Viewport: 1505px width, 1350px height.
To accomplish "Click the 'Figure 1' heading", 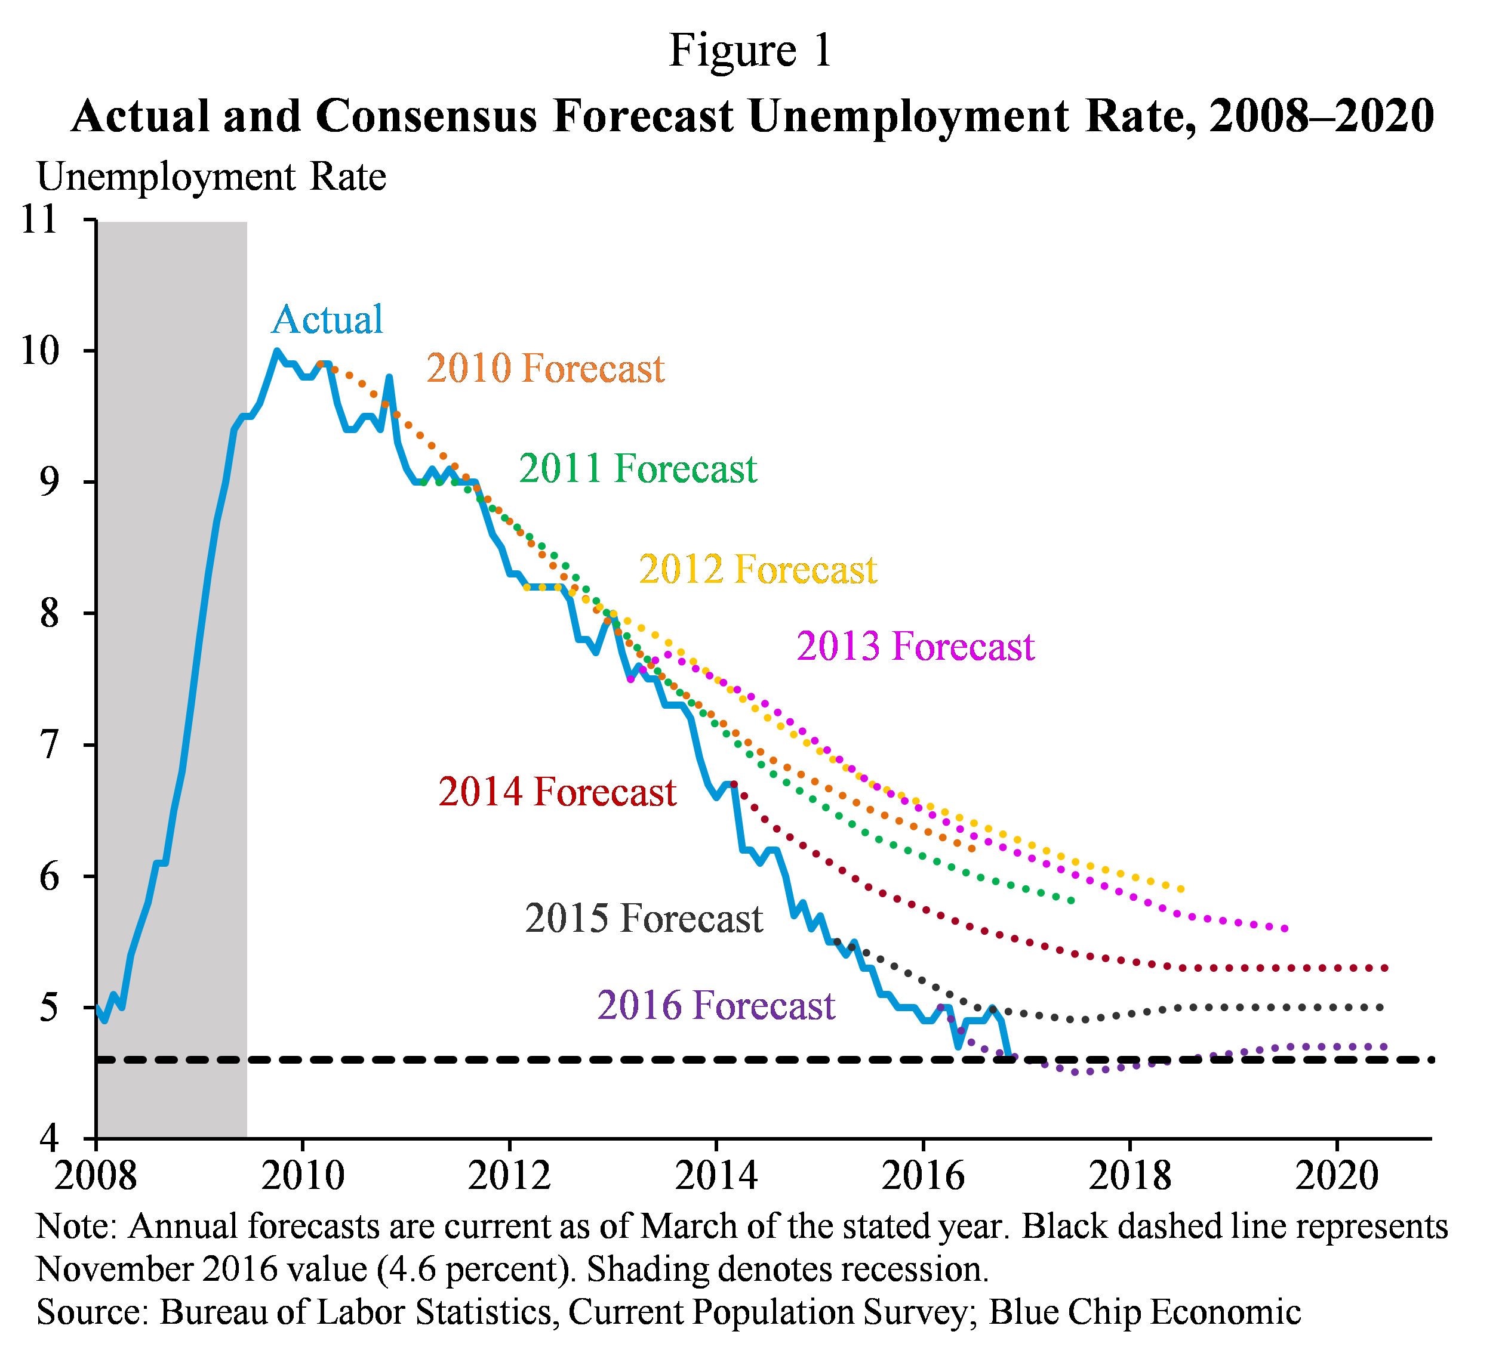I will [750, 51].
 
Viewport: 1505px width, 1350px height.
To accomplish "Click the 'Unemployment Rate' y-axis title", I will [211, 177].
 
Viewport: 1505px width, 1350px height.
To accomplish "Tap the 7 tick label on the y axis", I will [49, 744].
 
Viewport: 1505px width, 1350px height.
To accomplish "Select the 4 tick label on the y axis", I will [49, 1137].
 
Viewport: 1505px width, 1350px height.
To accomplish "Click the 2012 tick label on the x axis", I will [509, 1176].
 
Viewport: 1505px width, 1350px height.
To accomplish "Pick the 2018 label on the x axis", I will [1129, 1176].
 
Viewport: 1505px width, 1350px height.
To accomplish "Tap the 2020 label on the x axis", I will [1337, 1176].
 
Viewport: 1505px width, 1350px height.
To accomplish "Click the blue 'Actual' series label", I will [327, 320].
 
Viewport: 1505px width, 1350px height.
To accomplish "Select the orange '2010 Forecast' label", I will [544, 369].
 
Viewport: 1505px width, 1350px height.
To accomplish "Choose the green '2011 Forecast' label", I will [638, 469].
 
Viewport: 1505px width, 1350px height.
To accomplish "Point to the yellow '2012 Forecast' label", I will [758, 570].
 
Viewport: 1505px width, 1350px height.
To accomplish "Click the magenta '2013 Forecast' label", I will [915, 646].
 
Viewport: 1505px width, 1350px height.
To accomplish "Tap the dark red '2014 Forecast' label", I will [558, 792].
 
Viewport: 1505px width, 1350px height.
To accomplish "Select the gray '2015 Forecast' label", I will [644, 918].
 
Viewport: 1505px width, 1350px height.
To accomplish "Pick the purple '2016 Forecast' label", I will [716, 1006].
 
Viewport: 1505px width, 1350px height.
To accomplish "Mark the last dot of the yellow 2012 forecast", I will [1181, 889].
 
